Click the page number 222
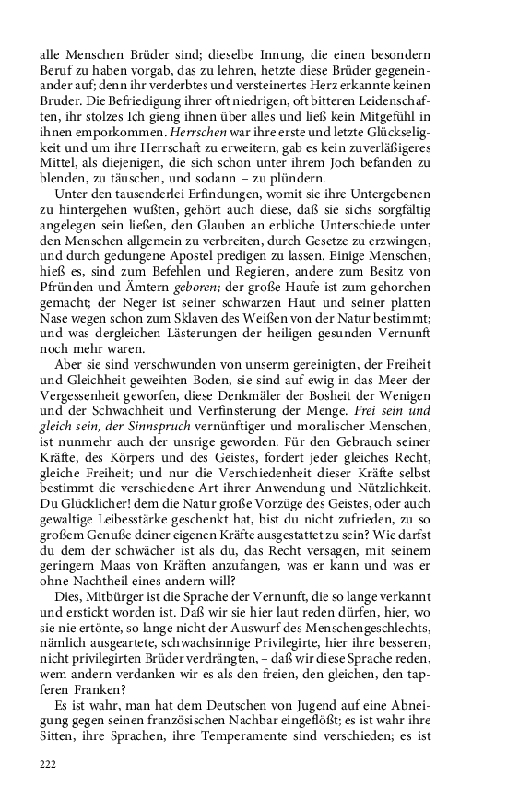(x=48, y=764)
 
